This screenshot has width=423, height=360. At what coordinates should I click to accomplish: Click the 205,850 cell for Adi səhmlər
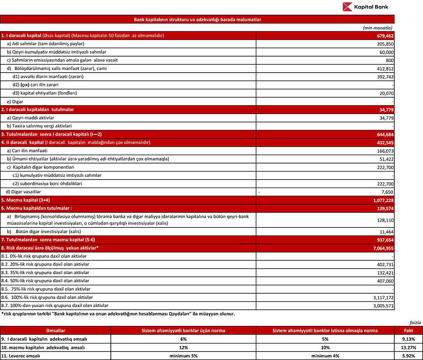click(x=385, y=44)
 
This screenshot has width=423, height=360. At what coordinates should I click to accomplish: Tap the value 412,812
click(x=385, y=68)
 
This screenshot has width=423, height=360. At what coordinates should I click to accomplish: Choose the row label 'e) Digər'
click(x=15, y=101)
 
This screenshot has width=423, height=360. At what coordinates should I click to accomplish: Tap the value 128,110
click(x=385, y=220)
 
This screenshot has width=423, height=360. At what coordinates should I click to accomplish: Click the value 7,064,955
click(x=382, y=248)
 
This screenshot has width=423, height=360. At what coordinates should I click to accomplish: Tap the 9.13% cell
click(x=409, y=339)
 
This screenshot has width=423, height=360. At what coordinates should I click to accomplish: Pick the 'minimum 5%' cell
click(x=183, y=356)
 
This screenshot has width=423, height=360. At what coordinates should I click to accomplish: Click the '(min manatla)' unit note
click(x=379, y=27)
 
